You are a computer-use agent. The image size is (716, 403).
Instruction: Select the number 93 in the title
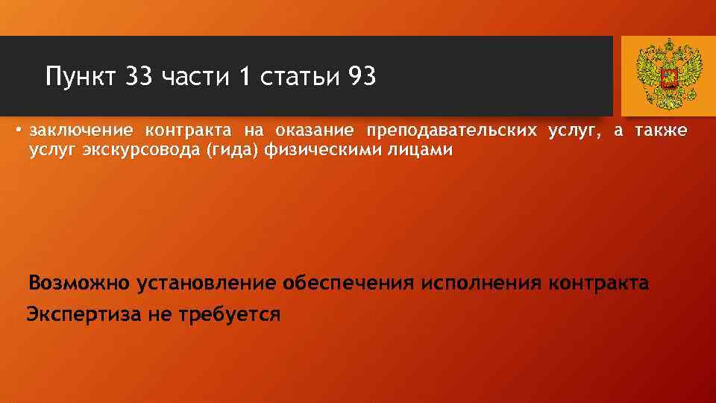coord(362,76)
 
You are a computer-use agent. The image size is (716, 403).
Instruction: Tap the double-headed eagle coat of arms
coord(669,75)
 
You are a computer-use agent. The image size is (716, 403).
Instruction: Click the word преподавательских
coord(450,131)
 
